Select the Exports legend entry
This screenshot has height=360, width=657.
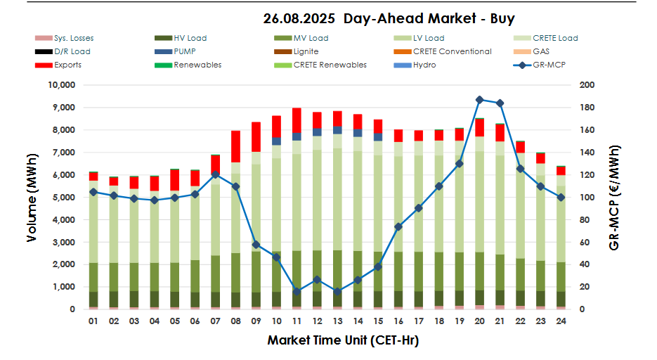tap(67, 65)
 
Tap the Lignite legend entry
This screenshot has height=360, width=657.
tap(306, 51)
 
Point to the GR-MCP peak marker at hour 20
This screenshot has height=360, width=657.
tap(479, 100)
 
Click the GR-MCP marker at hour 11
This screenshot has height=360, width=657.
tap(297, 291)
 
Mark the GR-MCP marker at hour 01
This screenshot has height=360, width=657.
tap(93, 192)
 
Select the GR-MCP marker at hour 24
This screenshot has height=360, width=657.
tap(561, 198)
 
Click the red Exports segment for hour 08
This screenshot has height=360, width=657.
tap(235, 146)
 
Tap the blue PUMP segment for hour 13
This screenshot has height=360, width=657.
tap(337, 130)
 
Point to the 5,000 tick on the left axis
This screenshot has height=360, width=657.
tap(62, 198)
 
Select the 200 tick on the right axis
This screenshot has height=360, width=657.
tap(587, 85)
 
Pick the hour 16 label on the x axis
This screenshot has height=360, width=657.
tap(398, 321)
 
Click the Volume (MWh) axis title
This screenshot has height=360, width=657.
tap(32, 198)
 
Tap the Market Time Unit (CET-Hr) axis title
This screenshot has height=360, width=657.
tap(343, 340)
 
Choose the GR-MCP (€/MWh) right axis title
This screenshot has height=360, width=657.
tap(615, 198)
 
